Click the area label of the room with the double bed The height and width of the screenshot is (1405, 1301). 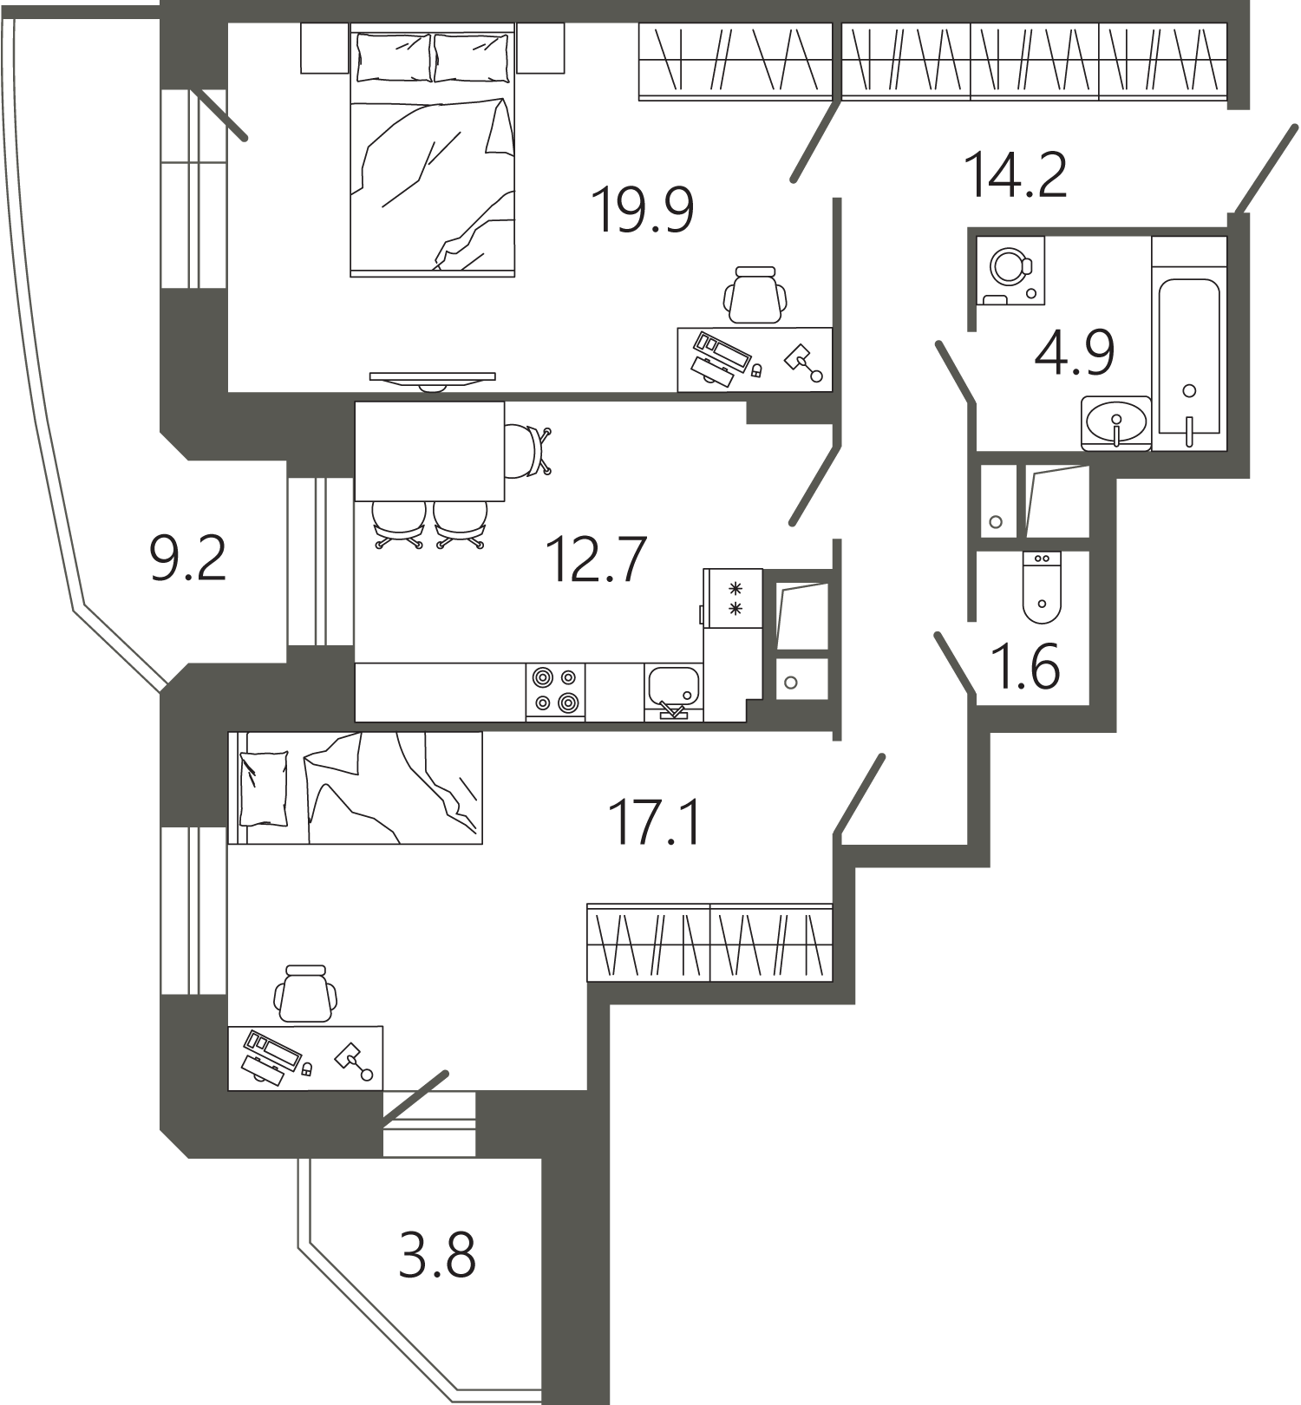[642, 211]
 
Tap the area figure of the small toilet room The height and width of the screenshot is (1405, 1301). [1026, 667]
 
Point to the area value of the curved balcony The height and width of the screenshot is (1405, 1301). [188, 559]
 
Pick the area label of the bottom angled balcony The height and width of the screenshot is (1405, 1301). [437, 1256]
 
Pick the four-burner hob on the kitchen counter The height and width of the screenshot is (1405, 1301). [555, 691]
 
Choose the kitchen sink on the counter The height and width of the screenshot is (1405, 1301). [674, 691]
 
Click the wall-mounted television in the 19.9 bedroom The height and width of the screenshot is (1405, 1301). [433, 380]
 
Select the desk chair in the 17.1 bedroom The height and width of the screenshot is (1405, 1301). [305, 994]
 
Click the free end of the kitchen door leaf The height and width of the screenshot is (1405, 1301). [791, 522]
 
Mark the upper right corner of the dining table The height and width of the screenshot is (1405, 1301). [504, 402]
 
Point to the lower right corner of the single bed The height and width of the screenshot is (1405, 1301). [482, 843]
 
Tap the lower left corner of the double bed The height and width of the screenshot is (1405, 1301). [350, 277]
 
